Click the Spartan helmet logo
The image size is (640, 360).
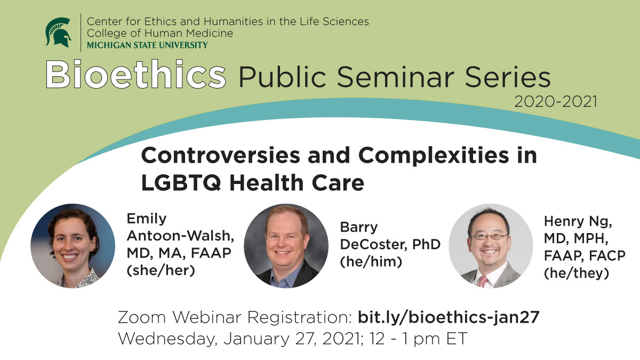[59, 33]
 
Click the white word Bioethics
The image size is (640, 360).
[136, 74]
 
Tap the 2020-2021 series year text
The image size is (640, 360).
[556, 102]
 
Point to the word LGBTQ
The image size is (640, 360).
[181, 183]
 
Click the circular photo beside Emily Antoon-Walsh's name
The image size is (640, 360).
[73, 246]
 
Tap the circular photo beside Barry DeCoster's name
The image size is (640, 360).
[286, 246]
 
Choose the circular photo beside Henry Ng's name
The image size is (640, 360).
[491, 246]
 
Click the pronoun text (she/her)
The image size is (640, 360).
[161, 270]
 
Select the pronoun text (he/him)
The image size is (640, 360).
[371, 262]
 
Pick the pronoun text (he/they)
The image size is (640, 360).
[577, 273]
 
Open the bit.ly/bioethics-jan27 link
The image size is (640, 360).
[449, 317]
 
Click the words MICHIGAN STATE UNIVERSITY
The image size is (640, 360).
[147, 45]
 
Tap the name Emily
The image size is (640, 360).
[147, 219]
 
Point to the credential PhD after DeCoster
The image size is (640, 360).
[426, 245]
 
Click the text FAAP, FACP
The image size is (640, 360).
[585, 255]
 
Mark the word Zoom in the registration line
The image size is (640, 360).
[142, 317]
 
